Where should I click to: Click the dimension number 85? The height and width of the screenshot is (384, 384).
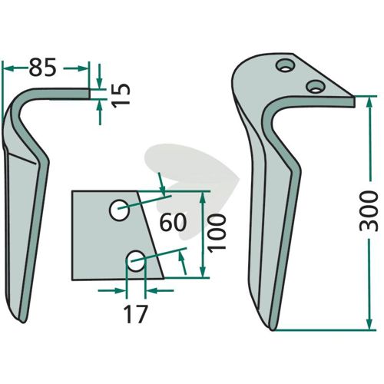point(42,68)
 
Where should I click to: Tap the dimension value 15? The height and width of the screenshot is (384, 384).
point(121,95)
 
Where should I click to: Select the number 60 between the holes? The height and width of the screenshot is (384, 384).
point(173,222)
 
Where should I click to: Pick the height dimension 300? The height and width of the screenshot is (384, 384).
point(369,211)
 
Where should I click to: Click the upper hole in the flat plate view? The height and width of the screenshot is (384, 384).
point(119,210)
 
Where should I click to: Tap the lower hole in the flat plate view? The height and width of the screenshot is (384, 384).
point(137,261)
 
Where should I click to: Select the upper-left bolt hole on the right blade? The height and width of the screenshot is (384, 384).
point(285,65)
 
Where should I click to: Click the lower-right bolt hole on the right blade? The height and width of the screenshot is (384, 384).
point(316,86)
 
